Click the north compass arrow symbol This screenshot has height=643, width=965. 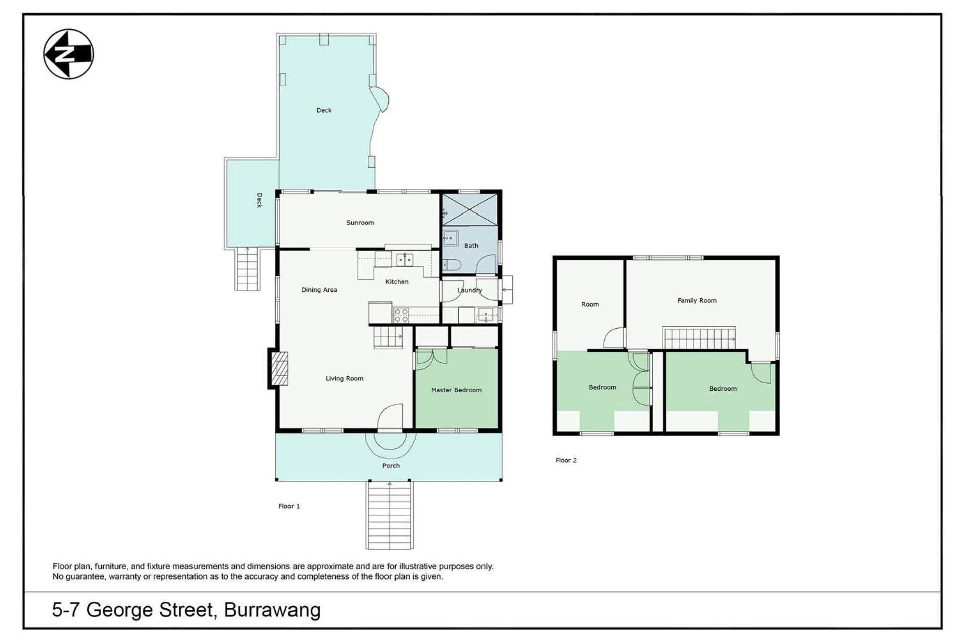69,54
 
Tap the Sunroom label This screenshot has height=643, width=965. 360,223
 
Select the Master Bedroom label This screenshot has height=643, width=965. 456,390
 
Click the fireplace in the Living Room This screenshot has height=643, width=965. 280,368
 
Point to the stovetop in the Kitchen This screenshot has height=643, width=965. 401,315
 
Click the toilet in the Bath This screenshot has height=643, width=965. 451,265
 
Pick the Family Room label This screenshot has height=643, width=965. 697,300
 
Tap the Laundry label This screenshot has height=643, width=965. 469,290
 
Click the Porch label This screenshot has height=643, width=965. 391,466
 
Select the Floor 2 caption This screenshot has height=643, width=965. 566,460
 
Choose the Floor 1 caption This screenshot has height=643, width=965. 289,506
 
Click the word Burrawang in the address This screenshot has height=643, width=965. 272,610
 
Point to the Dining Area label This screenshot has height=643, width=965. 319,290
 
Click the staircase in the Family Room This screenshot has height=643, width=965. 699,338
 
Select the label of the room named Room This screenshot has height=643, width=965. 590,304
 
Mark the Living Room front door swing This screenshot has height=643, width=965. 390,417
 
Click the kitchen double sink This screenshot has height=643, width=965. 404,259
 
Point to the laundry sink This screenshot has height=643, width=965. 486,315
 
